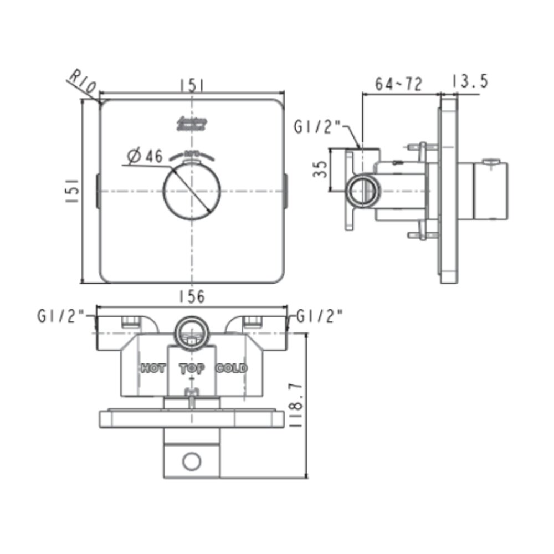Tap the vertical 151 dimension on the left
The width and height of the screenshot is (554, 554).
pyautogui.click(x=72, y=191)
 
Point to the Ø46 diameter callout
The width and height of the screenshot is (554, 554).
pyautogui.click(x=145, y=157)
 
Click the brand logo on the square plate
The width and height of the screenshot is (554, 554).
pyautogui.click(x=192, y=123)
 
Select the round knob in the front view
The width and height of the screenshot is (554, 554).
pyautogui.click(x=192, y=191)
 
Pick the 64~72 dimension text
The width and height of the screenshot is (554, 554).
pyautogui.click(x=399, y=84)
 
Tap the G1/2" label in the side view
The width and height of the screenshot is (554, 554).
pyautogui.click(x=316, y=127)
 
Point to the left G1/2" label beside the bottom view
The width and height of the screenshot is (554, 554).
pyautogui.click(x=61, y=316)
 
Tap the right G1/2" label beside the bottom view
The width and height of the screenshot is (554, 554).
pyautogui.click(x=320, y=316)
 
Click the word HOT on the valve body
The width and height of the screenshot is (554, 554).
pyautogui.click(x=152, y=368)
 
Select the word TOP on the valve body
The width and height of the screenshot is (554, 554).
pyautogui.click(x=192, y=368)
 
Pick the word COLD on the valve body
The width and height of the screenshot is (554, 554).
pyautogui.click(x=232, y=368)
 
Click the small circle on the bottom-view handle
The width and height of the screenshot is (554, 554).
pyautogui.click(x=192, y=461)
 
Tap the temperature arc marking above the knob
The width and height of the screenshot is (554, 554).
pyautogui.click(x=192, y=153)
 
